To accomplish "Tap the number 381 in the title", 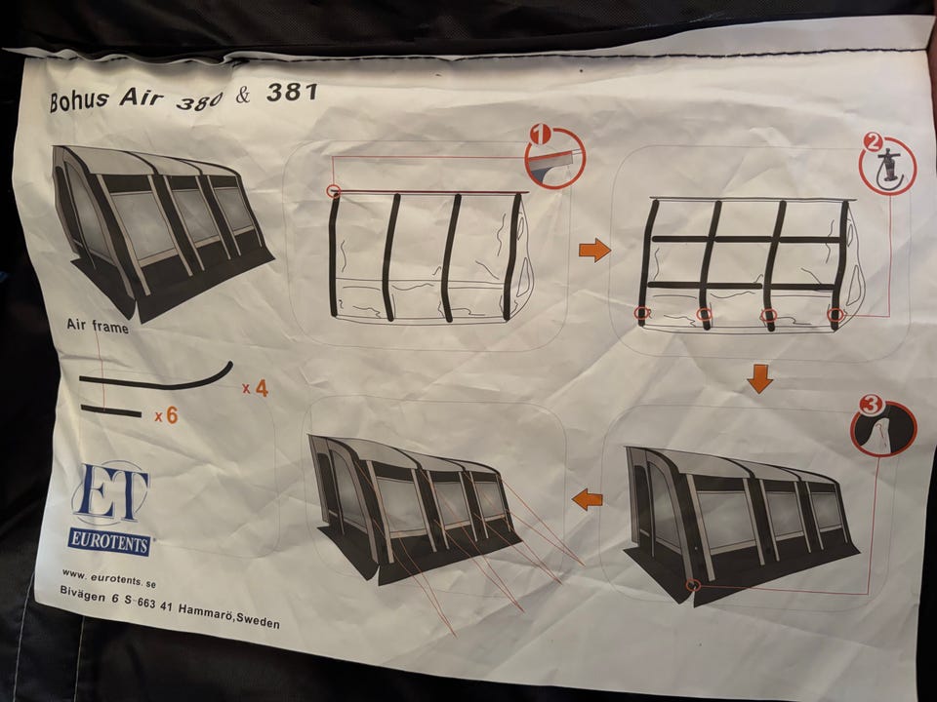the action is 292,92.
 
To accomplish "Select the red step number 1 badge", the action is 540,135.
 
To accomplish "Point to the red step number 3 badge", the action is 870,405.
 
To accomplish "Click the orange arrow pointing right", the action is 594,250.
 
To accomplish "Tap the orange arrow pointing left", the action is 587,498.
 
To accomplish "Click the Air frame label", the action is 98,326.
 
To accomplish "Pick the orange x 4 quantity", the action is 255,389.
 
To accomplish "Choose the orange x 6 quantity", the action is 166,415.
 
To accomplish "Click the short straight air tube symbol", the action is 111,410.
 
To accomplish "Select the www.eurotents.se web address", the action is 108,579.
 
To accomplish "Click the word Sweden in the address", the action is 258,621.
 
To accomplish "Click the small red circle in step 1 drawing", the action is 334,191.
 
